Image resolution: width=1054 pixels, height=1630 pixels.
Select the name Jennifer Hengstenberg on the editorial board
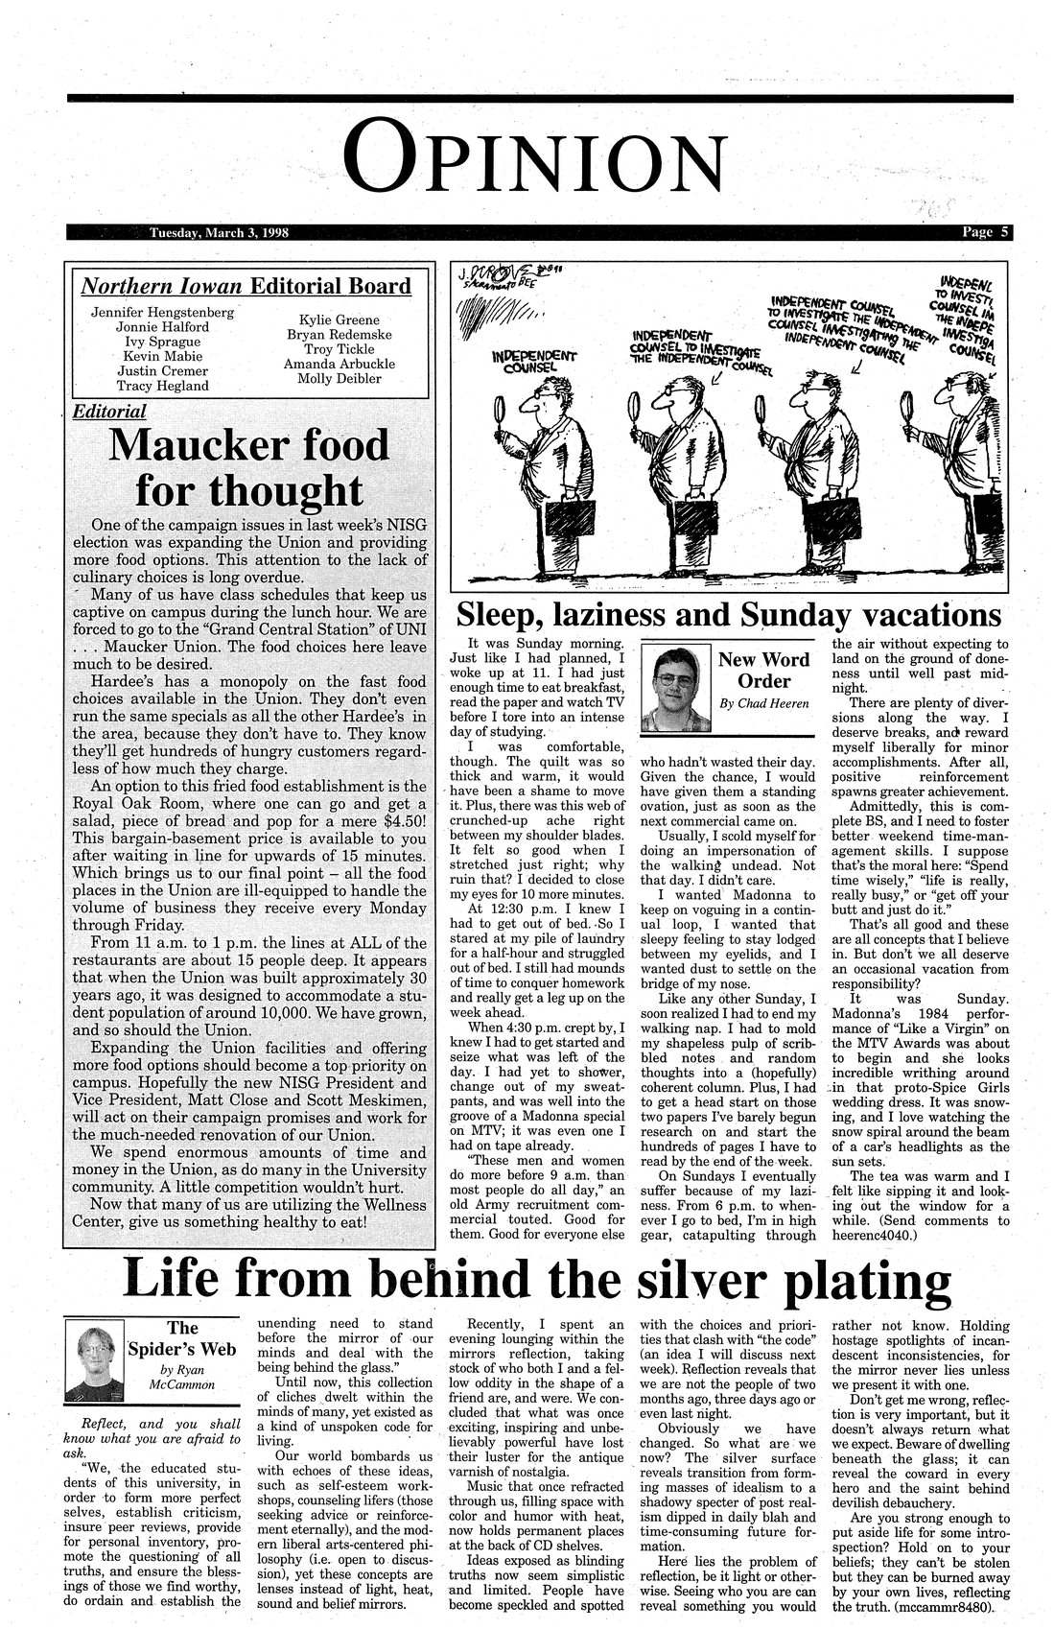click(163, 313)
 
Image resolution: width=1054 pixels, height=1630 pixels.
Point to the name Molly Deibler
click(339, 378)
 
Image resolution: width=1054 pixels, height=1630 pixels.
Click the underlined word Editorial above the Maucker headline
click(109, 412)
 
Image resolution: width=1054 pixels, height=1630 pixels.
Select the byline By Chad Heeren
click(764, 704)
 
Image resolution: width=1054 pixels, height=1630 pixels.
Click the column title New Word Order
click(764, 671)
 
